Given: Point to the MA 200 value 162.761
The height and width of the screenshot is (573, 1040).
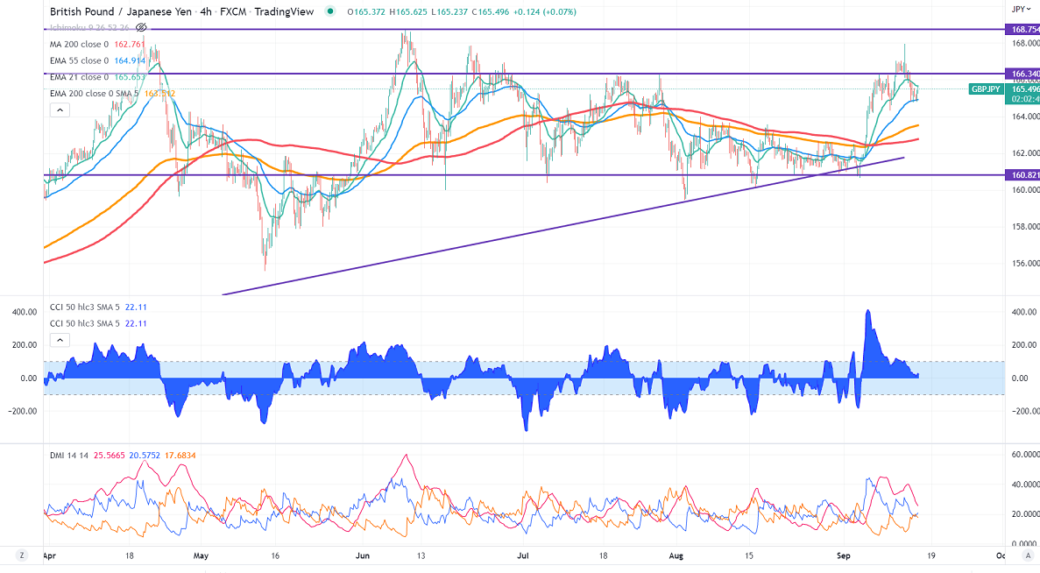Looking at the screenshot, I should (x=128, y=45).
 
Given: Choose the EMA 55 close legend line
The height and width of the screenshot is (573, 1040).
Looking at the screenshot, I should (x=79, y=60).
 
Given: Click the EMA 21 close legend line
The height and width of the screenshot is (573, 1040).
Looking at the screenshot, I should (x=79, y=77).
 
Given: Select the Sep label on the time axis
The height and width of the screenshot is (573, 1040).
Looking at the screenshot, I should (x=844, y=555).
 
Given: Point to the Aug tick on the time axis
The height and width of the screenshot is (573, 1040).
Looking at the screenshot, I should (x=676, y=555).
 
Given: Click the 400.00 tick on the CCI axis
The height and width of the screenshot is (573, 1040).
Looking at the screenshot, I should (x=1021, y=312).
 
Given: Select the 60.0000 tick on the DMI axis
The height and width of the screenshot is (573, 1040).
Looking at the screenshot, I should (x=1024, y=455).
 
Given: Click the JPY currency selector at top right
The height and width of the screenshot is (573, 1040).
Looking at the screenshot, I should (x=1019, y=9).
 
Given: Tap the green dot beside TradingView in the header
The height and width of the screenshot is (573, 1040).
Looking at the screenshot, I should (x=329, y=11).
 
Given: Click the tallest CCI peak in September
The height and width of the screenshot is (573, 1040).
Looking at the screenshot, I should (x=867, y=311).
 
